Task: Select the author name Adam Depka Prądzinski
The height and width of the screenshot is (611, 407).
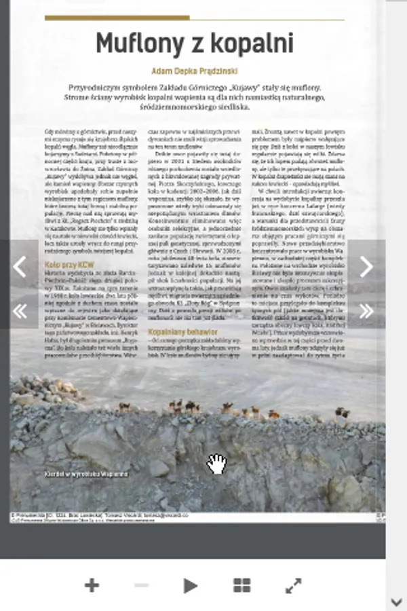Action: pyautogui.click(x=194, y=70)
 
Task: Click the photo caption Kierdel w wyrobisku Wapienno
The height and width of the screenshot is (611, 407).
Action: pyautogui.click(x=85, y=473)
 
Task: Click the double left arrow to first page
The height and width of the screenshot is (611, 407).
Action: pyautogui.click(x=20, y=311)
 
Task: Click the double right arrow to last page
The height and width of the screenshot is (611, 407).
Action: pyautogui.click(x=366, y=311)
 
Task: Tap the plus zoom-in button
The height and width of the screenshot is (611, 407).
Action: pyautogui.click(x=92, y=585)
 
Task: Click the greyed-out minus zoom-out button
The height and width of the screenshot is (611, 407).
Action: pyautogui.click(x=142, y=585)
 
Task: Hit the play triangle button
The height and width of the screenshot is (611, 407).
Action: pyautogui.click(x=191, y=585)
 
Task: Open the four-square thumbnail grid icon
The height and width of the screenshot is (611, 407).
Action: pyautogui.click(x=241, y=585)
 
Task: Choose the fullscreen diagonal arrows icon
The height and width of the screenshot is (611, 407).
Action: pyautogui.click(x=293, y=585)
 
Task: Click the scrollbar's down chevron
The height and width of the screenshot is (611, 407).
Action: pyautogui.click(x=397, y=601)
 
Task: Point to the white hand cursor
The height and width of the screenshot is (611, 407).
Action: pyautogui.click(x=216, y=464)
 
